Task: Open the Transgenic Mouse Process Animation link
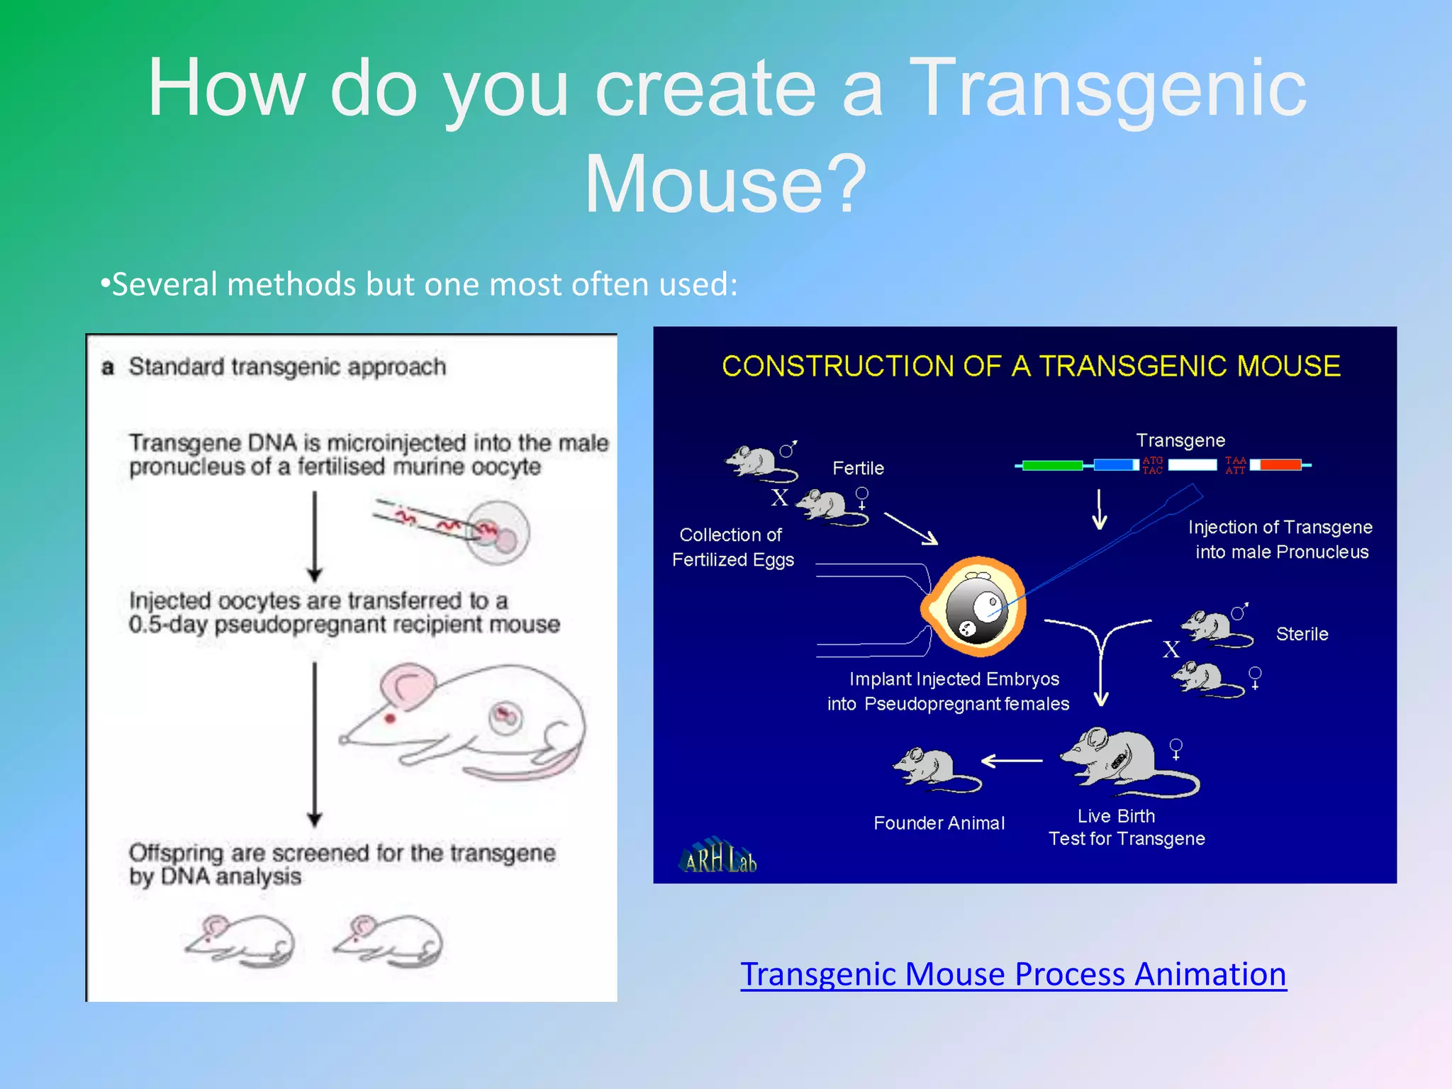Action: (x=1013, y=974)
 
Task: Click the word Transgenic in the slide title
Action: (x=1107, y=88)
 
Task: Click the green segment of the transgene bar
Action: (x=1052, y=465)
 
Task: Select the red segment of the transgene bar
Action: (x=1280, y=465)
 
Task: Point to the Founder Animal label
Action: (x=939, y=823)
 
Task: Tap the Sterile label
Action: (x=1302, y=634)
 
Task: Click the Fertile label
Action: (x=858, y=468)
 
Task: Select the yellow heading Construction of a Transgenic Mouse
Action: (x=1031, y=367)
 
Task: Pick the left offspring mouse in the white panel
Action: (x=241, y=940)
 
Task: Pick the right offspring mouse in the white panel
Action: (x=390, y=940)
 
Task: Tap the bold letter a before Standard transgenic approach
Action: (x=108, y=367)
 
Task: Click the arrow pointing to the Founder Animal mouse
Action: (x=1012, y=761)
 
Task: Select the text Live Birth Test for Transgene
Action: (x=1126, y=827)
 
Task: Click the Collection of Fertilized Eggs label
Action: (x=732, y=547)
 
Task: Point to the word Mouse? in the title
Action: (x=725, y=184)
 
